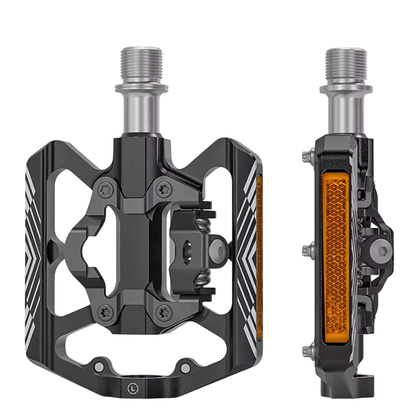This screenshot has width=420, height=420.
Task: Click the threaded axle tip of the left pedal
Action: click(141, 65)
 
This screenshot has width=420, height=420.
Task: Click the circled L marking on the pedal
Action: click(133, 387)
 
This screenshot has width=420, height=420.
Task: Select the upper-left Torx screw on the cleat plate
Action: click(104, 190)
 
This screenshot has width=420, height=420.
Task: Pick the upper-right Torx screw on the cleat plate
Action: click(163, 189)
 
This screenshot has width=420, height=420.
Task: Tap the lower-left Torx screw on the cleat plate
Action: click(104, 312)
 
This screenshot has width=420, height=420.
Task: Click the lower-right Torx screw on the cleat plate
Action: click(163, 312)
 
